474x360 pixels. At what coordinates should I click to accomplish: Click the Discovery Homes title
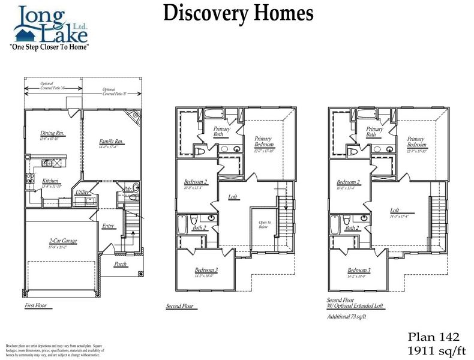point(238,13)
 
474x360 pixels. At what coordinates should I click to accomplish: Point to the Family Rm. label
point(111,142)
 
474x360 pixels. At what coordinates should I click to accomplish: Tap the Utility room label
point(82,192)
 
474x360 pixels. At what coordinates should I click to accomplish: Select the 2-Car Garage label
point(63,241)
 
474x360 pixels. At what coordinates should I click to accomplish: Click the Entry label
point(108,226)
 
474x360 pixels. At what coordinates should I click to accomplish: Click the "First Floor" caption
point(35,306)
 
